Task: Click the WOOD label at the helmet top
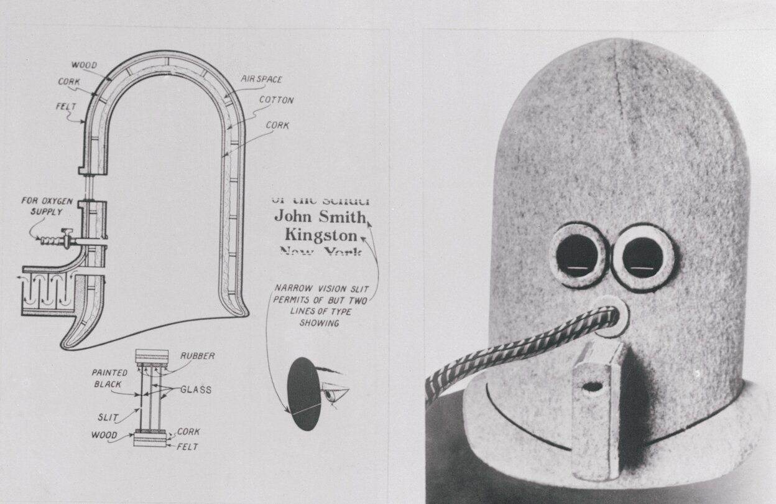[83, 65]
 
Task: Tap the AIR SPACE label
[261, 79]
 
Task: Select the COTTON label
[276, 100]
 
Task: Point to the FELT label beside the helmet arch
[65, 107]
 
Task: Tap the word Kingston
[321, 235]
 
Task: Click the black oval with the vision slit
[303, 393]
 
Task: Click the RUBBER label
[198, 357]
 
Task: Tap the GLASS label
[196, 390]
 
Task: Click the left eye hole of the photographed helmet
[578, 255]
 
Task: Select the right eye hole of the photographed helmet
[642, 257]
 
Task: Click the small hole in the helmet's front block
[592, 386]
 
